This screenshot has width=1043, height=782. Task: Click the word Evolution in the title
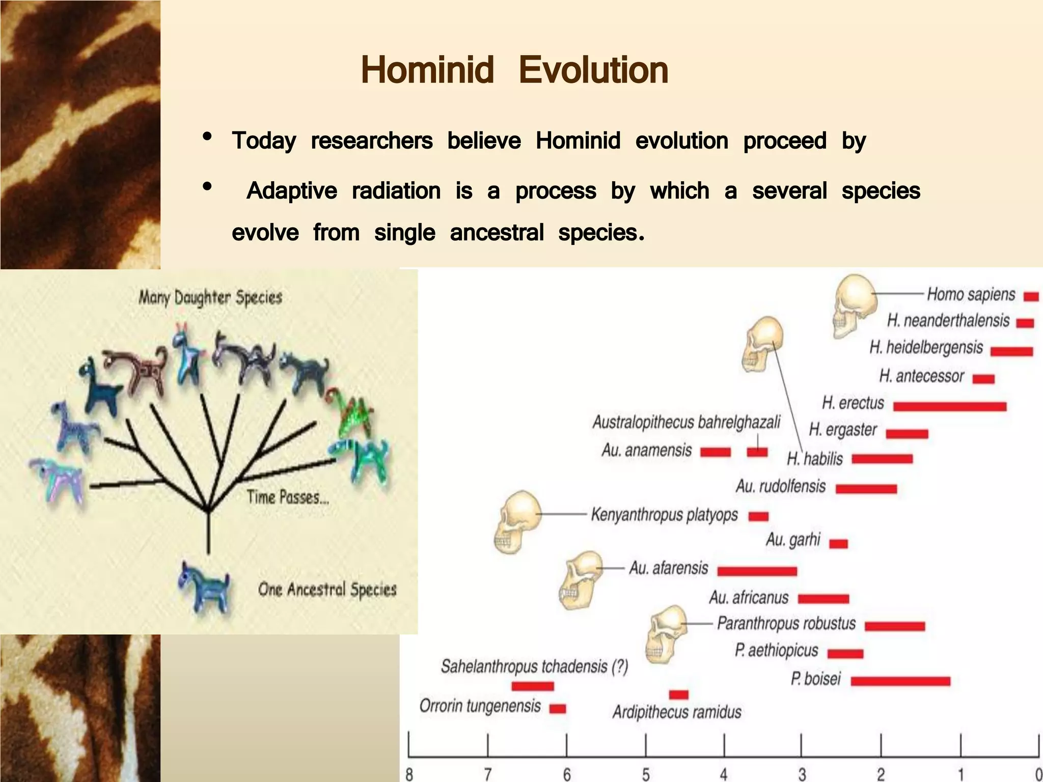coord(593,70)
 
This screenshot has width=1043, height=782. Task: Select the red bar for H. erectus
coord(949,406)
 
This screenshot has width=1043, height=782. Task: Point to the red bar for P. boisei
coord(900,681)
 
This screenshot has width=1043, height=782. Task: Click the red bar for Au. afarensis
coord(757,571)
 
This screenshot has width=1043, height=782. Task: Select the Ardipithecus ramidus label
coord(677,712)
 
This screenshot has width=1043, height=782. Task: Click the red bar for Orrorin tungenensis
coord(558,709)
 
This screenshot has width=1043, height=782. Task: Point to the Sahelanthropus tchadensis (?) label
coord(534,666)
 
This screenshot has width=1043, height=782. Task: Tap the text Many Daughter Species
coord(210,297)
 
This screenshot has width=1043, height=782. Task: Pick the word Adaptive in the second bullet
coord(291,191)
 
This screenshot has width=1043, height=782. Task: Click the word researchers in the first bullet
coord(372,141)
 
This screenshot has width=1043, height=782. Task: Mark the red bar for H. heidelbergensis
coord(1011,351)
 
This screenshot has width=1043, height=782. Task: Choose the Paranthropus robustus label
coord(786,623)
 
